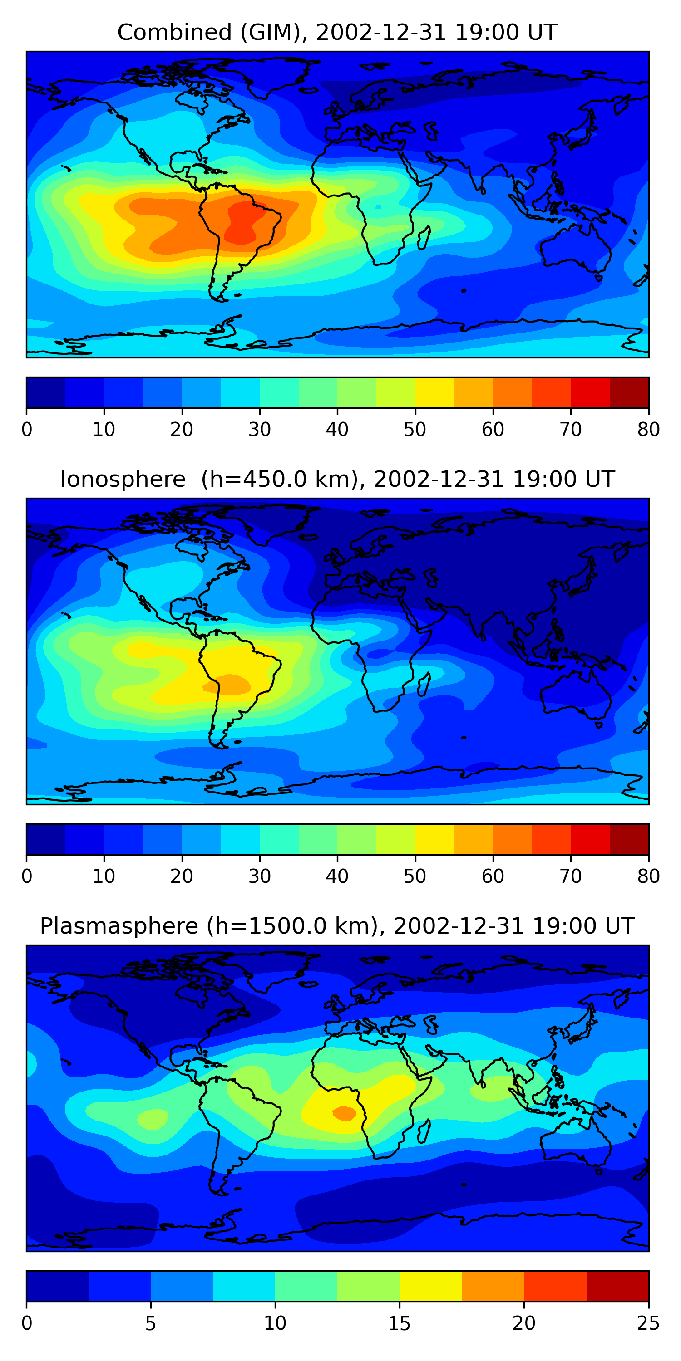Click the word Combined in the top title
(174, 33)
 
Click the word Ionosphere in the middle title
(123, 480)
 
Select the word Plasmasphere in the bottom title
(118, 927)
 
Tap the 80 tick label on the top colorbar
(648, 430)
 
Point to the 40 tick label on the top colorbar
(337, 430)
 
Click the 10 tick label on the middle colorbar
(104, 876)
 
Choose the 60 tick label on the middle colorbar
(493, 876)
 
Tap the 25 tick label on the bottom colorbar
(648, 1323)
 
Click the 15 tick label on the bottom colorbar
(399, 1323)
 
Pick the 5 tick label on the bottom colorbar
(151, 1323)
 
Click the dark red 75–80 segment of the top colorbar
(629, 392)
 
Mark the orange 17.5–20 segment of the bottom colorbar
(493, 1287)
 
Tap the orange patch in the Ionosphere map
(230, 684)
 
